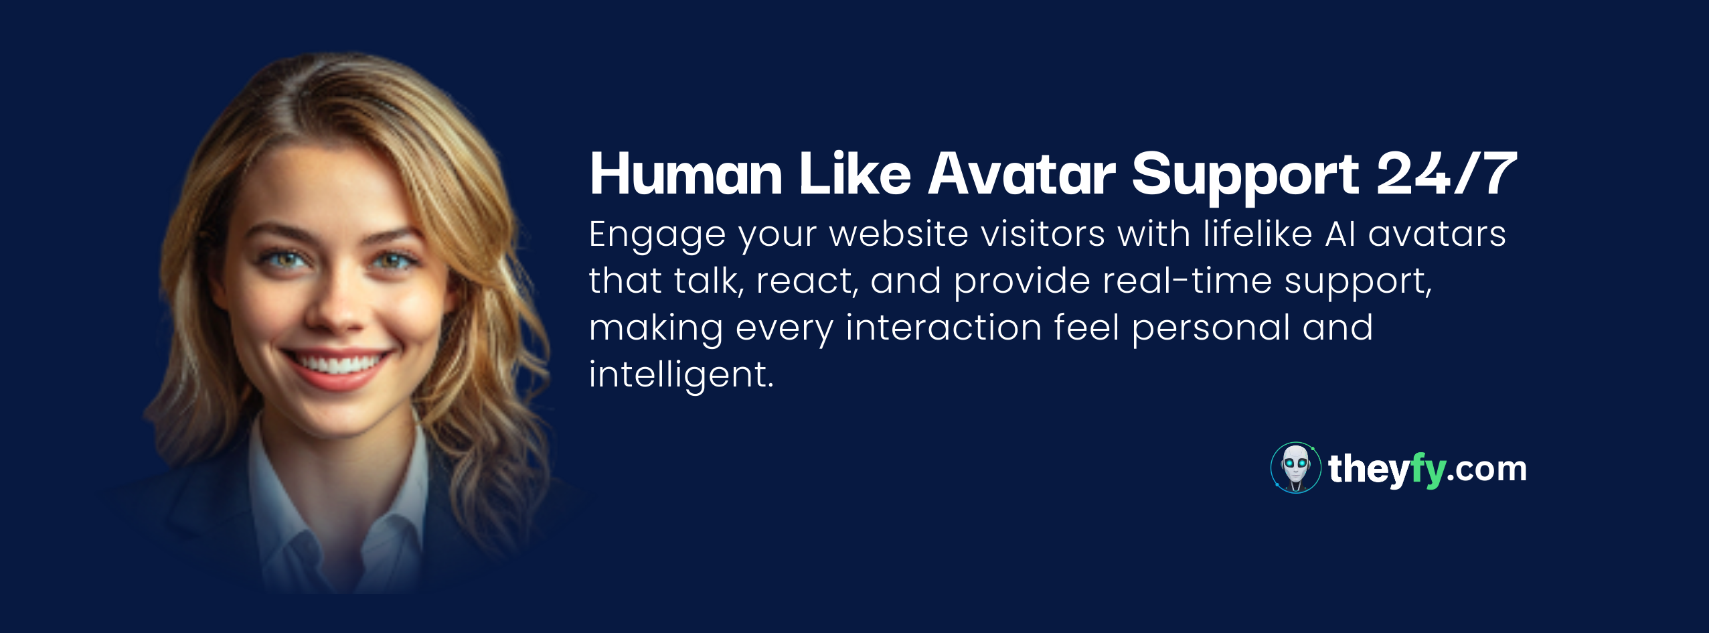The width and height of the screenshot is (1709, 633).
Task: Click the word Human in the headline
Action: click(686, 174)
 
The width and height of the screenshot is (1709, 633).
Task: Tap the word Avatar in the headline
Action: click(1022, 174)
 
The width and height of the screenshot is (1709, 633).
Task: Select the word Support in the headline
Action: click(1245, 178)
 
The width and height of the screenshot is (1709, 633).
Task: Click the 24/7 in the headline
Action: click(1447, 173)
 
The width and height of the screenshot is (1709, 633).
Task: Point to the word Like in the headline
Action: click(856, 173)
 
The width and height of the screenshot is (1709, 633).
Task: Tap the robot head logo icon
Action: click(1296, 468)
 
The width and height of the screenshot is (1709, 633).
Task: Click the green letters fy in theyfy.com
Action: click(1427, 471)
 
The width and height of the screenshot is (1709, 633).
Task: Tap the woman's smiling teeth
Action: click(338, 364)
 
